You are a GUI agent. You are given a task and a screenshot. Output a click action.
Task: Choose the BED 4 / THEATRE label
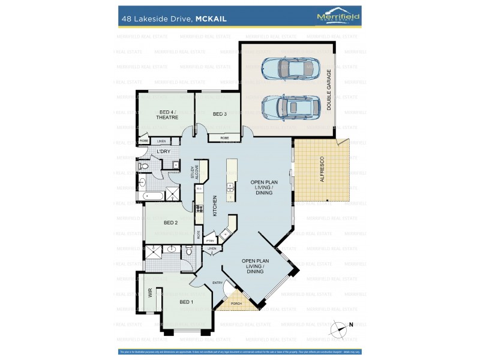click(167, 115)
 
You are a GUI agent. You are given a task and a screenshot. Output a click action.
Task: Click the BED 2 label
click(170, 223)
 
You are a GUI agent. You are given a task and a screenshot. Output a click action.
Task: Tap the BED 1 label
click(186, 302)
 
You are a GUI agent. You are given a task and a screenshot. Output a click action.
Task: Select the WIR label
click(150, 294)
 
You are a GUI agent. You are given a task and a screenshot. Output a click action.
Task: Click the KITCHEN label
click(215, 206)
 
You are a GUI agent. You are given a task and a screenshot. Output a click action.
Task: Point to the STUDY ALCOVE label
click(194, 172)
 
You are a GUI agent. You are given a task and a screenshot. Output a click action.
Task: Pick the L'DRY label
click(164, 151)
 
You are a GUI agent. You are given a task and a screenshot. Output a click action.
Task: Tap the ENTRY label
click(217, 283)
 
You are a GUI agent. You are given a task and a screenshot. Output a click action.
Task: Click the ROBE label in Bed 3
click(224, 138)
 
